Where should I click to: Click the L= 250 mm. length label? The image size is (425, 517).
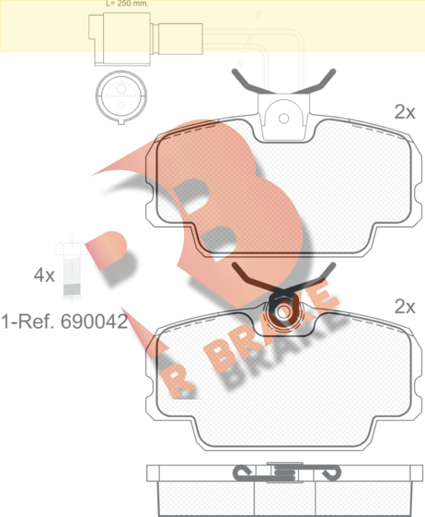pyautogui.click(x=127, y=4)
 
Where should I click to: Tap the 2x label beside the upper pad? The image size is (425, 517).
pyautogui.click(x=405, y=112)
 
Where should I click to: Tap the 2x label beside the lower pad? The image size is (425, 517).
pyautogui.click(x=405, y=307)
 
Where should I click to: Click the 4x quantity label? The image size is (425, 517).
pyautogui.click(x=44, y=275)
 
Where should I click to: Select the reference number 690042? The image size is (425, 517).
pyautogui.click(x=94, y=321)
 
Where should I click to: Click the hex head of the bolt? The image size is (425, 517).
pyautogui.click(x=69, y=249)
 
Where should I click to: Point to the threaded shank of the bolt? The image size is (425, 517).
pyautogui.click(x=72, y=278)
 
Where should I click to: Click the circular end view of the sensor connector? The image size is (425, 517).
pyautogui.click(x=121, y=96)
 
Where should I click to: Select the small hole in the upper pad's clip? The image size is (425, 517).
pyautogui.click(x=283, y=118)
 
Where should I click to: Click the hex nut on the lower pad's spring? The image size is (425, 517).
pyautogui.click(x=283, y=311)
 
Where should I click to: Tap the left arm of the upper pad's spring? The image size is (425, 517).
pyautogui.click(x=253, y=83)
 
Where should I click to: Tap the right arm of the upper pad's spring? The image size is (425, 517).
pyautogui.click(x=314, y=83)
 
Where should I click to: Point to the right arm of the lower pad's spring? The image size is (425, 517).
pyautogui.click(x=314, y=277)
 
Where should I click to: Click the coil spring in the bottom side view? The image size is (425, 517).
pyautogui.click(x=284, y=473)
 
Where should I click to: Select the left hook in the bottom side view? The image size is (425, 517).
pyautogui.click(x=243, y=473)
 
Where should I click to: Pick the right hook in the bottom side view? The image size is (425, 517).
pyautogui.click(x=330, y=473)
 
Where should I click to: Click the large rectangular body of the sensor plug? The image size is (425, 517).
pyautogui.click(x=127, y=39)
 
